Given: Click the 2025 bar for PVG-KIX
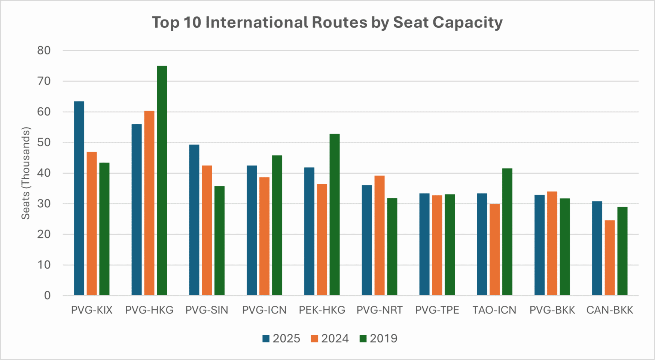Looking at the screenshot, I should [x=79, y=198].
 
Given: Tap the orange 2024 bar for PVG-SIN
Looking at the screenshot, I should [x=207, y=231].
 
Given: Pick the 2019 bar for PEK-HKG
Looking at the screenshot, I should [x=335, y=215].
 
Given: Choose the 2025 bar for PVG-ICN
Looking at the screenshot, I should [x=252, y=231].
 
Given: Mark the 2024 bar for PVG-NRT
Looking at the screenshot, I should [x=380, y=236].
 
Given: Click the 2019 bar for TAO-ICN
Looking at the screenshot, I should [x=507, y=232].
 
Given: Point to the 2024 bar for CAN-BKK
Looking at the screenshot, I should [x=610, y=258].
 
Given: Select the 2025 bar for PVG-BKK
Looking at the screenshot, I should [x=539, y=245].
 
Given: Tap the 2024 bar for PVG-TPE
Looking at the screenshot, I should [x=437, y=245].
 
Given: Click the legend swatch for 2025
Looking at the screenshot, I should [x=266, y=339].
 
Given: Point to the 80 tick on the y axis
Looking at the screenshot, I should [x=44, y=51].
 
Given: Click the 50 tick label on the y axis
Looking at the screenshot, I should [x=44, y=143].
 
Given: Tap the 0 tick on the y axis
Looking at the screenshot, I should [x=47, y=296].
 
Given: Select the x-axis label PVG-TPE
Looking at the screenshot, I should [x=437, y=310].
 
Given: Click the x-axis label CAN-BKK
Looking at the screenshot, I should [x=610, y=310].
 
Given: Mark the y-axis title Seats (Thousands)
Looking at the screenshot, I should [x=25, y=173].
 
